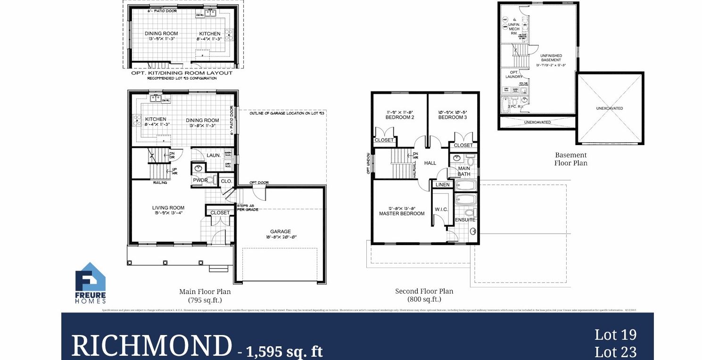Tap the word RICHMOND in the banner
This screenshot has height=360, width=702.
click(151, 346)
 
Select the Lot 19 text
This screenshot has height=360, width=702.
click(615, 335)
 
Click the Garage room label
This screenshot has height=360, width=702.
click(281, 231)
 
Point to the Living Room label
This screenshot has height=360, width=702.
click(168, 208)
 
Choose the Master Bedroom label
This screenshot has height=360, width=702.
click(402, 213)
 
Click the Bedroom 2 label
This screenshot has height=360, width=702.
click(400, 117)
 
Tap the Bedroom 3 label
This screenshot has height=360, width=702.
click(452, 117)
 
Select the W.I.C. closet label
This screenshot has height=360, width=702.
click(441, 209)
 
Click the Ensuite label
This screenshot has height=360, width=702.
click(465, 220)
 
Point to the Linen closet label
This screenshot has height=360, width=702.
click(443, 185)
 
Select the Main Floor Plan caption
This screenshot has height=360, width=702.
click(205, 292)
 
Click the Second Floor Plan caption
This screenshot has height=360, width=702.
click(424, 291)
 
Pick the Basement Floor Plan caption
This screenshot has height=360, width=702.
click(570, 159)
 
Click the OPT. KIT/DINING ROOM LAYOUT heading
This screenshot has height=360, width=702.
click(182, 73)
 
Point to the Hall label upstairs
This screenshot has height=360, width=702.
click(430, 163)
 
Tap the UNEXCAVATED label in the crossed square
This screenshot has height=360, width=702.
click(609, 108)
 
